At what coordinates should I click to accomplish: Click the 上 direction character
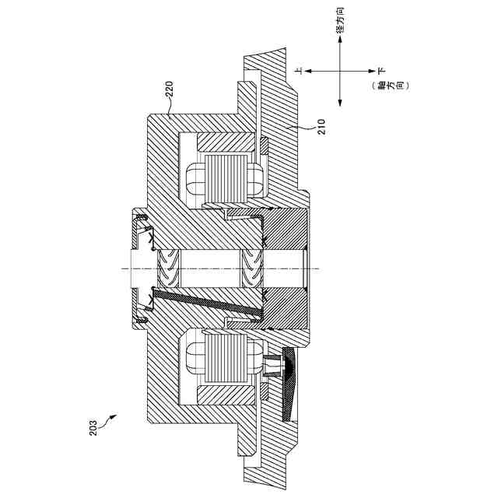(x=298, y=71)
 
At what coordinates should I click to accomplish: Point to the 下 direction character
(x=382, y=71)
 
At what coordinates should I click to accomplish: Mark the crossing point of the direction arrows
(x=341, y=71)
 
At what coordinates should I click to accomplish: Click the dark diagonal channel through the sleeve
(x=206, y=303)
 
